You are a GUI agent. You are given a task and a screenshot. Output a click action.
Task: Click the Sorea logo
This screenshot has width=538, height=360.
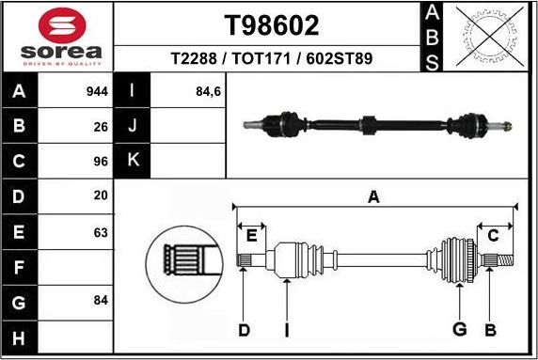[56, 37]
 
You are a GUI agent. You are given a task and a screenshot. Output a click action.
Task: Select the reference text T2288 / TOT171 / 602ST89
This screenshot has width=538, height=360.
[271, 58]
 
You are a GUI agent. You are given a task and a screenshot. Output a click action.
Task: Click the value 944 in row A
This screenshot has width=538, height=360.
[98, 92]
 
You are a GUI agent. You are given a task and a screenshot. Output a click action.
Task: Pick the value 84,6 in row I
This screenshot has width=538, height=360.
[208, 92]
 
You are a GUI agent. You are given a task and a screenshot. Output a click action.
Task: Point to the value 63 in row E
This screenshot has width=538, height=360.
[101, 231]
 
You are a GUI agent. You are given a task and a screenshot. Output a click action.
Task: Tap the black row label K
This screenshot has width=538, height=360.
[133, 161]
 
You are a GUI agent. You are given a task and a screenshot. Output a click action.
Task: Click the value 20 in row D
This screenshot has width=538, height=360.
[101, 196]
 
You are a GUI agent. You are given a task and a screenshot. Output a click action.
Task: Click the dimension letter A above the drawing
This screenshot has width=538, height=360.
[373, 197]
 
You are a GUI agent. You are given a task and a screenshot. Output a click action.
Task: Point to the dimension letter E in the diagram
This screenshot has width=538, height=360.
[251, 235]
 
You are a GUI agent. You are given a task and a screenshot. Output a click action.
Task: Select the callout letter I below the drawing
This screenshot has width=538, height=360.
[287, 329]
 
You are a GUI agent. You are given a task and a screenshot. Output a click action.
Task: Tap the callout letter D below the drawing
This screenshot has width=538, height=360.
[244, 329]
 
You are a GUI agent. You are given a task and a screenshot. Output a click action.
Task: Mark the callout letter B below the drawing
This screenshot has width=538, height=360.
[490, 329]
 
